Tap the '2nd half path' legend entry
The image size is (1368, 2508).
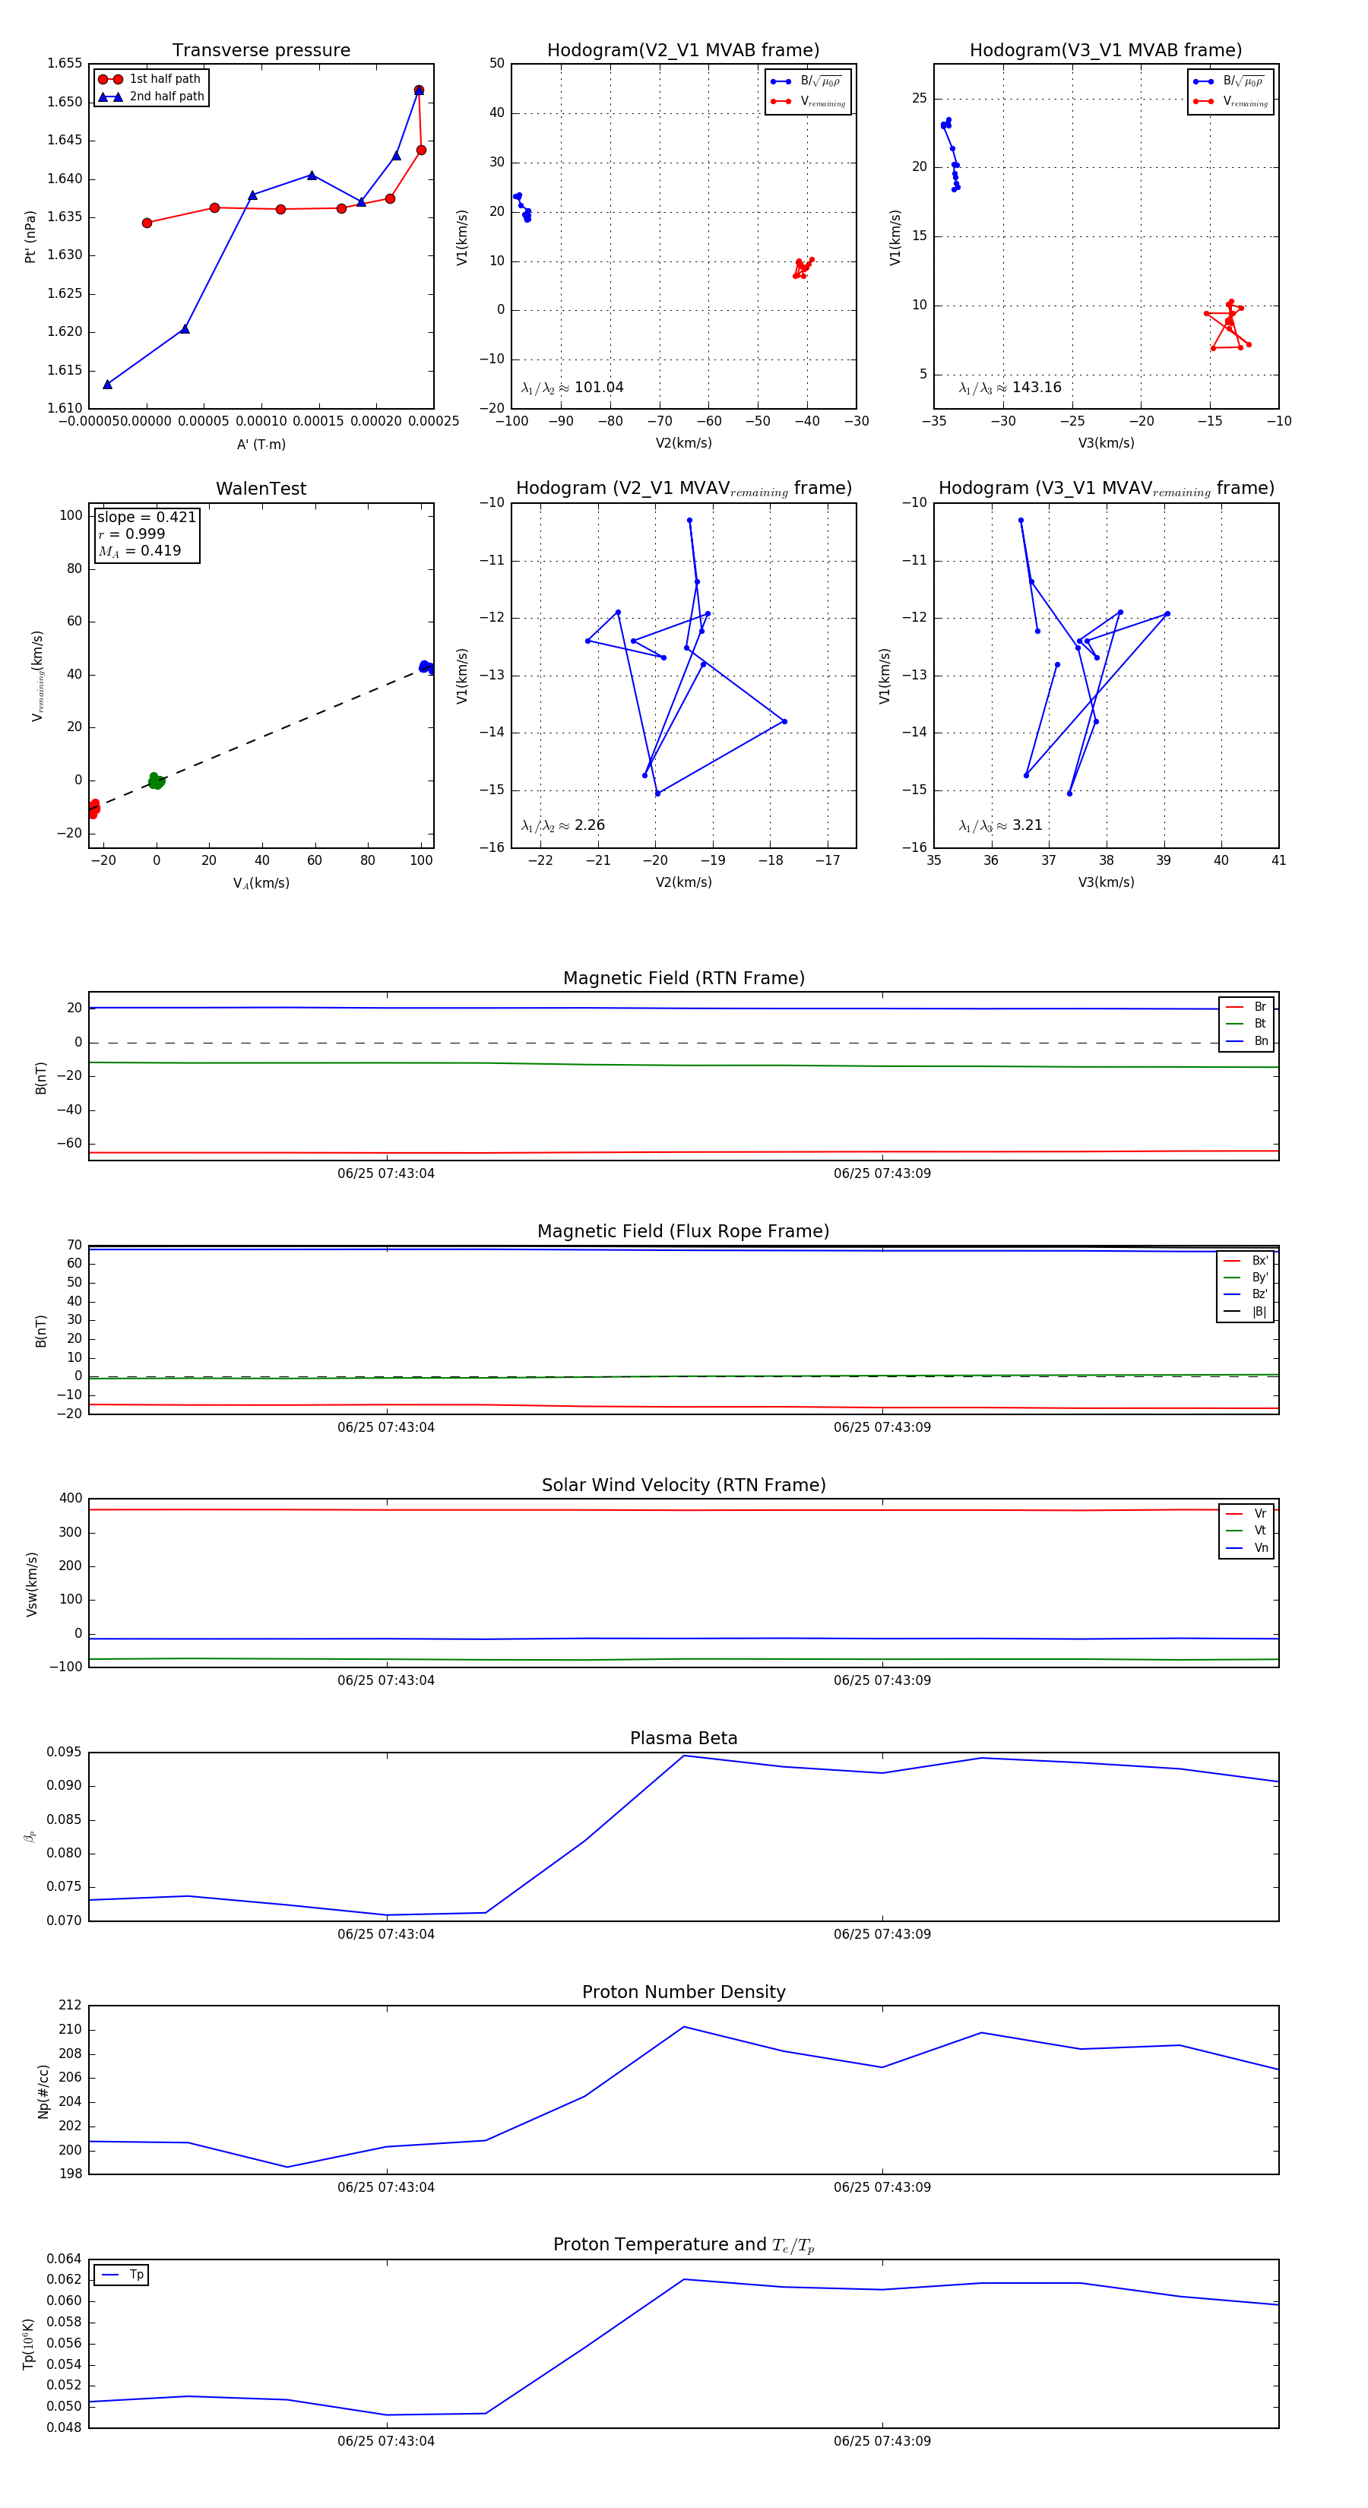[x=166, y=97]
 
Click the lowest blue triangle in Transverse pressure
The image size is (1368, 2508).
[x=107, y=385]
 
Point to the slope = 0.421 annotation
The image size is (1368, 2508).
[x=146, y=517]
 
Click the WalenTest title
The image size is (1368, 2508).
[x=261, y=489]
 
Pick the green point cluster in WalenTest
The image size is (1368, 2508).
[x=156, y=781]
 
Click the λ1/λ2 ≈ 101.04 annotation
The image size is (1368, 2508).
[x=572, y=388]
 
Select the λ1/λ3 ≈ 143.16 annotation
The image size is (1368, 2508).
[x=1010, y=388]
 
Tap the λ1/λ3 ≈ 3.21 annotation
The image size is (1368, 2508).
[x=1000, y=825]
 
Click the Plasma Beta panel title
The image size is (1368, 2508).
[x=683, y=1739]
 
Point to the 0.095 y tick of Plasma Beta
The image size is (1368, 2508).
[x=65, y=1753]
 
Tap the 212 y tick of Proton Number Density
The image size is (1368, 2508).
[x=70, y=2006]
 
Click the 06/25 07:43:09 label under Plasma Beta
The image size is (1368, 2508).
[x=882, y=1934]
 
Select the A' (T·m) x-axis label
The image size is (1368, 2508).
[x=261, y=445]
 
